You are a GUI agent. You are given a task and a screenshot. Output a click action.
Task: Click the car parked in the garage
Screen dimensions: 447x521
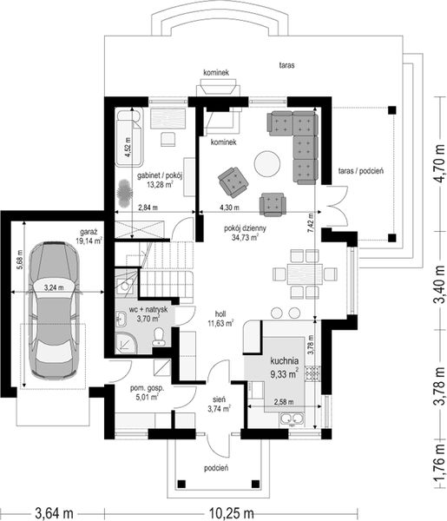[54, 311]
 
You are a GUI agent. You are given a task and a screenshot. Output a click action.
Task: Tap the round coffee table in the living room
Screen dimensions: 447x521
[267, 163]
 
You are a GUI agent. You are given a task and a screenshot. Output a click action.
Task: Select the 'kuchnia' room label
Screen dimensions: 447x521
[285, 360]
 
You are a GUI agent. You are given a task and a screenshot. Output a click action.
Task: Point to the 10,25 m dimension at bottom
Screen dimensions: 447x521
[232, 513]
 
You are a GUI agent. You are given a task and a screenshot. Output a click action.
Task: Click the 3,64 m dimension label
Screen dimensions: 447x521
[54, 513]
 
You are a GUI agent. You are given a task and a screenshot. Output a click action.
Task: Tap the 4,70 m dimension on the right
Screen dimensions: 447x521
[440, 163]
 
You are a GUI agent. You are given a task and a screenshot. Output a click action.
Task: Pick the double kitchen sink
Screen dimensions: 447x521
[293, 419]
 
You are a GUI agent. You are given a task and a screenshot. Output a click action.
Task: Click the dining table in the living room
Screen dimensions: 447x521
[305, 274]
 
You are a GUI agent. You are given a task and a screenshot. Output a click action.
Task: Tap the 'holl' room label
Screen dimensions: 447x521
[220, 314]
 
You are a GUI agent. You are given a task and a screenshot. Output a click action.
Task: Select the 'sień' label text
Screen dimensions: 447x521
[220, 399]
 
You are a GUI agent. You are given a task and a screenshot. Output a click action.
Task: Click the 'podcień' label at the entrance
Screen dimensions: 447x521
[216, 468]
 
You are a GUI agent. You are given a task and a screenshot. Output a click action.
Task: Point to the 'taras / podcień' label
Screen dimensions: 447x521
[361, 171]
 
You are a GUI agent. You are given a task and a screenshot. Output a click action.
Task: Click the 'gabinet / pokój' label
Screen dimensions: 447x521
[160, 175]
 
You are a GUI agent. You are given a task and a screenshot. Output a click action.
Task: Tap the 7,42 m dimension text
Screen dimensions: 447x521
[311, 222]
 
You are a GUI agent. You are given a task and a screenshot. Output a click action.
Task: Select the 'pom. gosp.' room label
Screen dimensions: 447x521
[147, 388]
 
